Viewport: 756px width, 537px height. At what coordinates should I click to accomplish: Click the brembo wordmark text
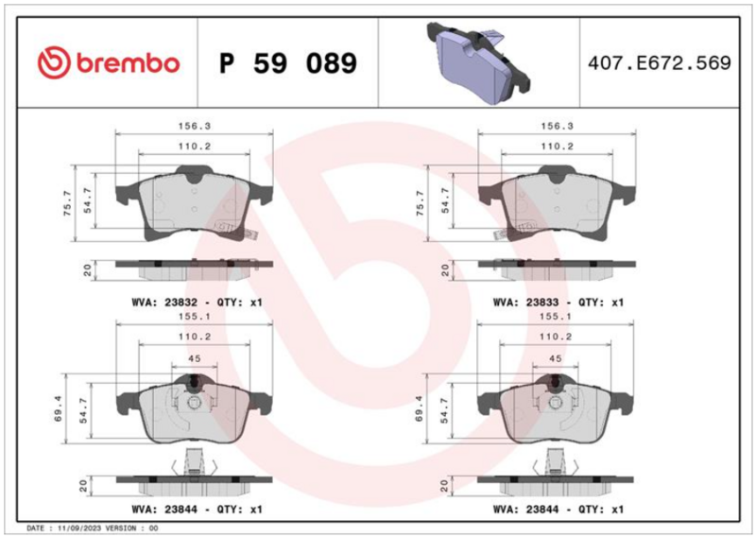pyautogui.click(x=129, y=63)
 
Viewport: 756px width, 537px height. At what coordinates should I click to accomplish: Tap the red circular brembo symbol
pyautogui.click(x=55, y=62)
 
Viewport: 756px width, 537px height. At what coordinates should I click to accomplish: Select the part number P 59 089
pyautogui.click(x=288, y=63)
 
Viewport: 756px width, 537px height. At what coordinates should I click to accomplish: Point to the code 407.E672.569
pyautogui.click(x=659, y=63)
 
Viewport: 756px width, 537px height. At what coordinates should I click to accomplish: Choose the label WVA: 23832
pyautogui.click(x=164, y=303)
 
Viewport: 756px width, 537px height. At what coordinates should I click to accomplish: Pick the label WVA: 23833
pyautogui.click(x=525, y=303)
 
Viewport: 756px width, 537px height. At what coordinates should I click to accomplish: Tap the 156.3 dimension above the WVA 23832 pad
pyautogui.click(x=195, y=127)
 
